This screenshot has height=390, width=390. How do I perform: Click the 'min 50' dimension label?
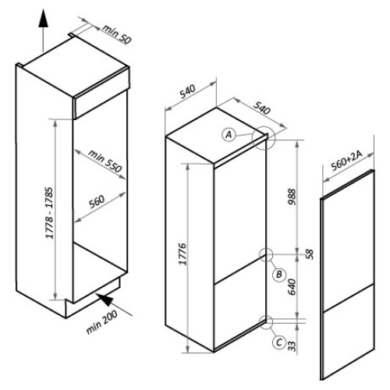point(117,34)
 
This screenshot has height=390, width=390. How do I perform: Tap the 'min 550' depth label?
point(105,161)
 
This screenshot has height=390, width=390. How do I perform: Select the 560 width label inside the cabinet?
point(97,202)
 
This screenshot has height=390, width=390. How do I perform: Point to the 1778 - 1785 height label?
point(49,213)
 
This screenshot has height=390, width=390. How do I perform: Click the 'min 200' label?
point(101,322)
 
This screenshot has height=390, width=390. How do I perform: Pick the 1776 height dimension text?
point(183,254)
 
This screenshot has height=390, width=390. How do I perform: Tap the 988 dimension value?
point(292,197)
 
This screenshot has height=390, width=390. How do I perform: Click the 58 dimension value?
point(310,254)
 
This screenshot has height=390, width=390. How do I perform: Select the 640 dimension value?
point(292,287)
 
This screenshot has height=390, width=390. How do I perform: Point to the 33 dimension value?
point(292,346)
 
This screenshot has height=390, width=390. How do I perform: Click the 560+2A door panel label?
point(347,161)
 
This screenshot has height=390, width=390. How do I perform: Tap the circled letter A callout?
point(229,135)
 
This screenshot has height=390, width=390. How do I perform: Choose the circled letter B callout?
point(279,274)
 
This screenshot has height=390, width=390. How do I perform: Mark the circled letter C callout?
point(279,342)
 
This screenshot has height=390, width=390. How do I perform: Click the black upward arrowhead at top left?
point(44,18)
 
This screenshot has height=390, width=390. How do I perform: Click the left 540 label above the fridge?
point(187,91)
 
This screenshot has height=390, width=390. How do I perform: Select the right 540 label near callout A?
point(262,108)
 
